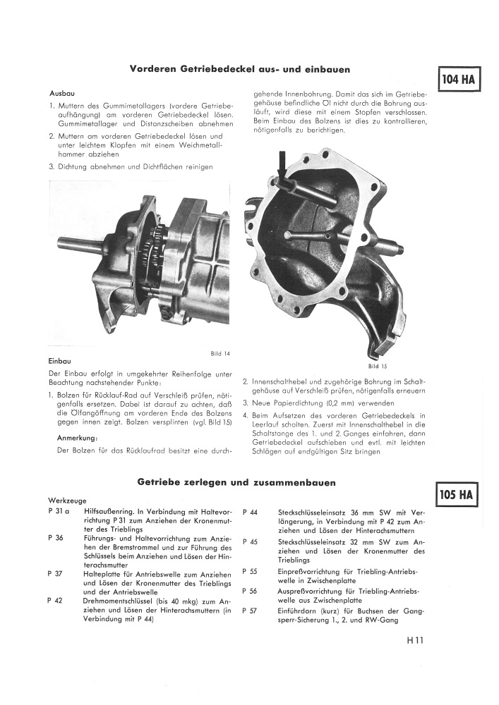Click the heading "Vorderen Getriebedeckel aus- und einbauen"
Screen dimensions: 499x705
point(240,69)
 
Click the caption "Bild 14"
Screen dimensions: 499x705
point(220,353)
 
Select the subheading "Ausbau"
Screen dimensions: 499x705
point(62,94)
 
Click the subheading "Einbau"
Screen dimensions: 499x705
point(59,361)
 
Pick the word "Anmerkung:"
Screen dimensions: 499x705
point(78,438)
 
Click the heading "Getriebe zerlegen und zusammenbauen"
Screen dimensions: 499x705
point(236,482)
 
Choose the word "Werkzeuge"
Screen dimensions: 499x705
point(67,501)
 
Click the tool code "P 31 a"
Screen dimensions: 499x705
point(59,511)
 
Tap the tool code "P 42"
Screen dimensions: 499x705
point(55,601)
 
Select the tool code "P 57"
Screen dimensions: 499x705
point(250,611)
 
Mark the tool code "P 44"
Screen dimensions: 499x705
point(250,512)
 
